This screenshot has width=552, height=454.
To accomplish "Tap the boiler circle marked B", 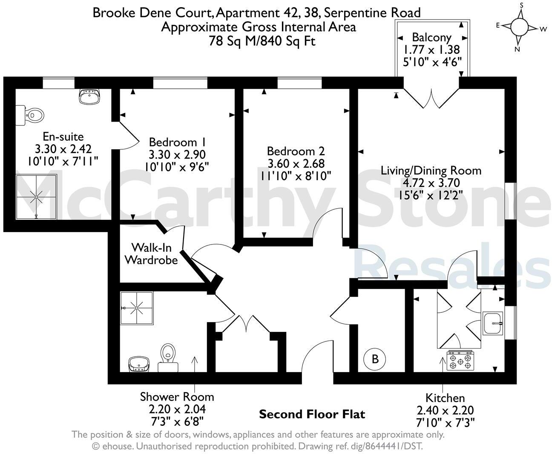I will [x=375, y=358].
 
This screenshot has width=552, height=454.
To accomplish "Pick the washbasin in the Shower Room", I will [x=139, y=364].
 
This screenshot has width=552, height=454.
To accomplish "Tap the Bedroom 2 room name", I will [x=296, y=151].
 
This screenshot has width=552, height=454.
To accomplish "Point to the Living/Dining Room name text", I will [x=431, y=171].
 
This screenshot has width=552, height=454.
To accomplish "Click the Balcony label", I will [x=431, y=37].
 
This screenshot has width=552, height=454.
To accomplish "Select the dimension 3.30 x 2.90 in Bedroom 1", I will [x=177, y=154].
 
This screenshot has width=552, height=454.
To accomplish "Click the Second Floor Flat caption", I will [x=312, y=414].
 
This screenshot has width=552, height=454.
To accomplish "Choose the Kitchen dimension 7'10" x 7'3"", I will [x=445, y=422].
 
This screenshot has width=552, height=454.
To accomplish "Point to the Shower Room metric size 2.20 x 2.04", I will [x=177, y=409].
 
